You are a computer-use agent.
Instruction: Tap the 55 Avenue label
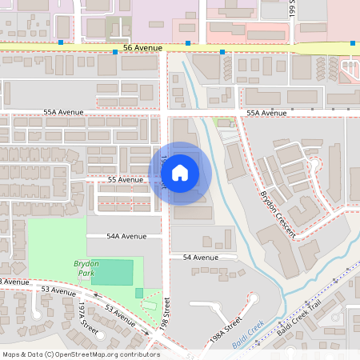click(x=126, y=180)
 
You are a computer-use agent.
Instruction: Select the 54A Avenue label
click(x=128, y=237)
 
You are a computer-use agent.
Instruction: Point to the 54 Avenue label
click(x=200, y=258)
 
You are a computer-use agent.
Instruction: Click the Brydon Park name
click(x=85, y=267)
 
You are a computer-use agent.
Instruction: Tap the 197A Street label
click(x=88, y=324)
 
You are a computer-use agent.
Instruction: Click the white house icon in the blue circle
click(x=180, y=172)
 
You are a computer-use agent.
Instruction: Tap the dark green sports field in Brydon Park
click(x=112, y=272)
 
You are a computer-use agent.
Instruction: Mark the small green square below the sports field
click(x=139, y=293)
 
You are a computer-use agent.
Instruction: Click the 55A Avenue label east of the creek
click(x=266, y=114)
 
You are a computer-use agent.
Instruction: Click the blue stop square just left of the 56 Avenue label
click(x=115, y=52)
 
